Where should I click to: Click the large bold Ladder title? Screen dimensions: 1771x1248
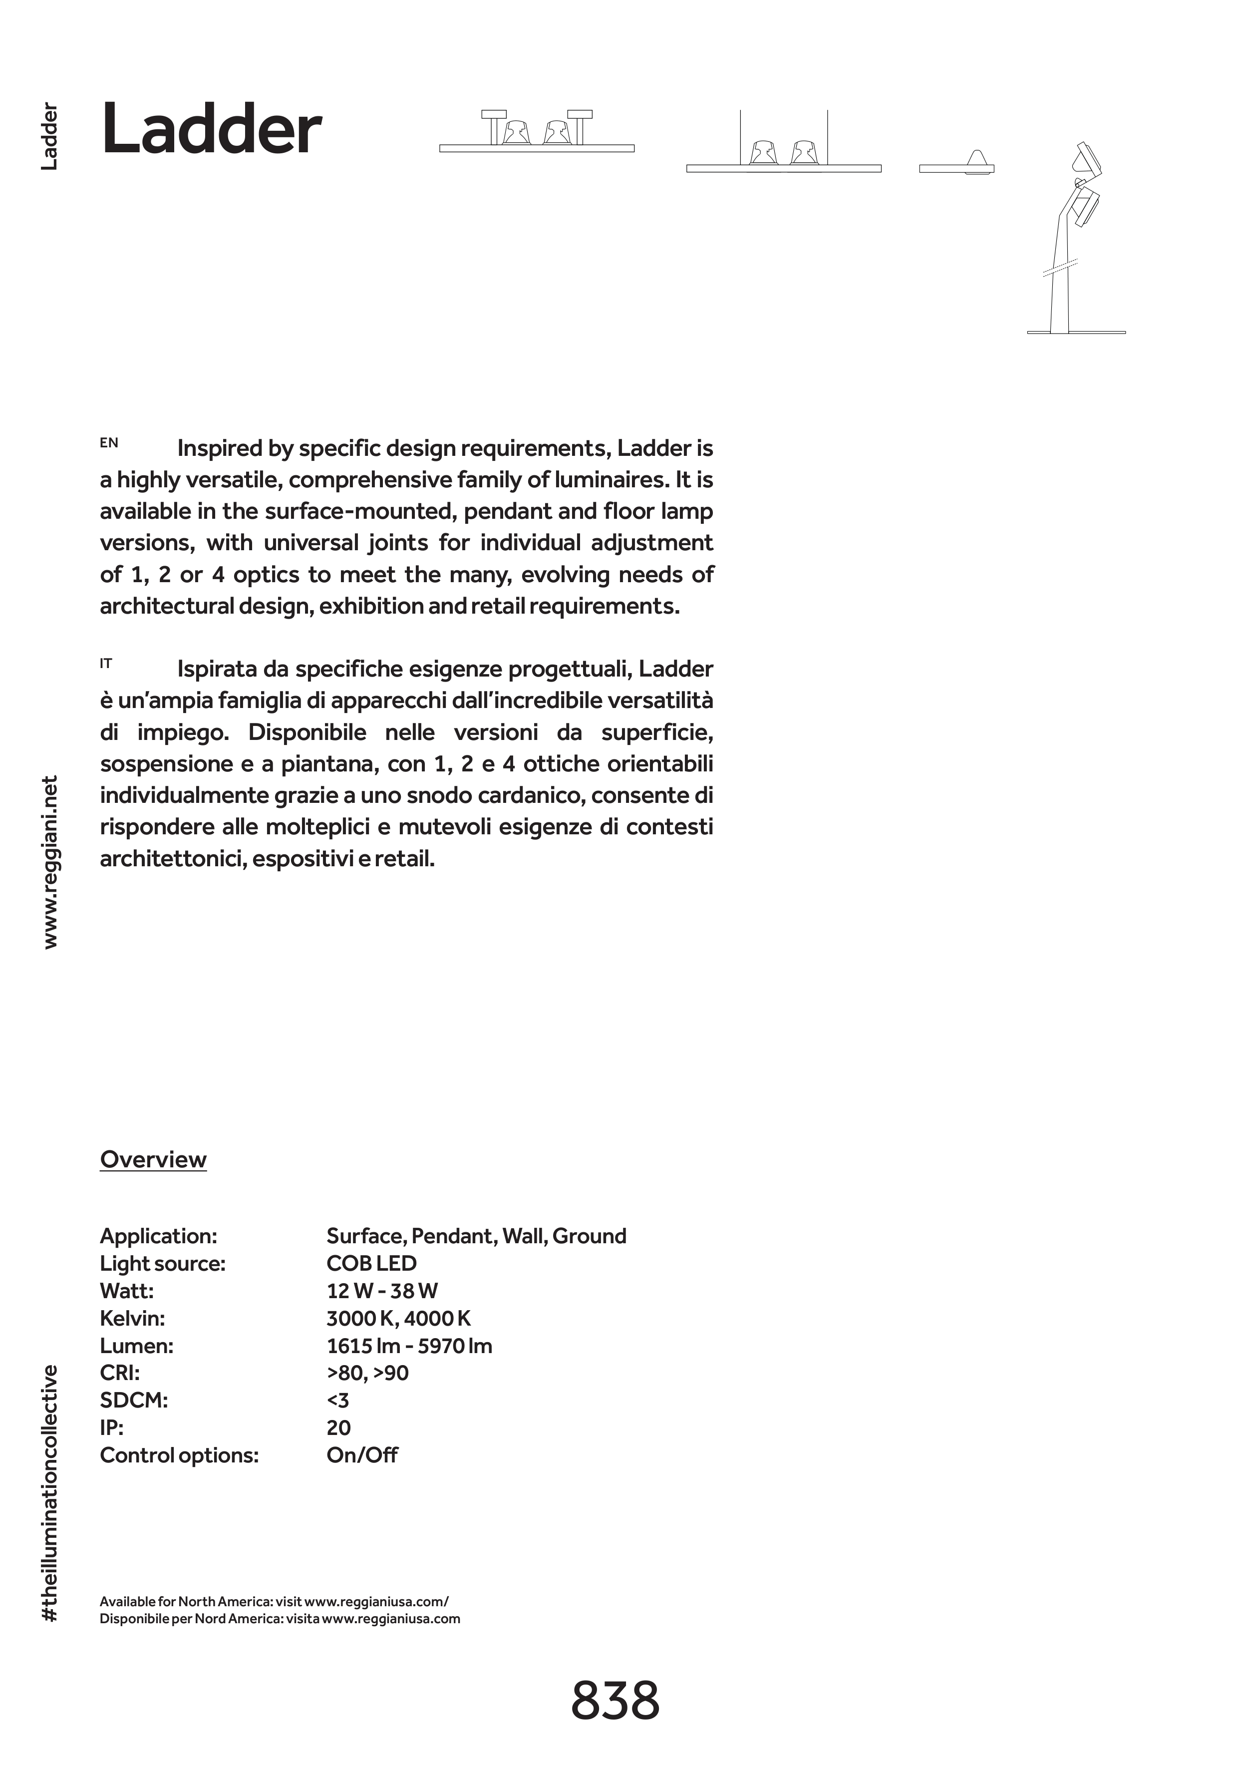coord(211,130)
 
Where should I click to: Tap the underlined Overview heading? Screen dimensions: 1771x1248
coord(153,1159)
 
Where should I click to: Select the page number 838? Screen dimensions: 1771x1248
coord(615,1701)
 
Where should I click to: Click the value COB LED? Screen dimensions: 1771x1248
coord(372,1263)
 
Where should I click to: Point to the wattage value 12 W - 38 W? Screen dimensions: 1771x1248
coord(382,1291)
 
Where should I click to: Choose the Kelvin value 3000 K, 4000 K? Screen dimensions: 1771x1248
coord(398,1318)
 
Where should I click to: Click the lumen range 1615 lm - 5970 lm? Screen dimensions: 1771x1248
coord(409,1346)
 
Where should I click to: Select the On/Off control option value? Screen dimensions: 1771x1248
coord(362,1455)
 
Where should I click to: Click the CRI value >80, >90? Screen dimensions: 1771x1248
coord(367,1373)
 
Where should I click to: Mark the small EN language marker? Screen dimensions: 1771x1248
coord(109,443)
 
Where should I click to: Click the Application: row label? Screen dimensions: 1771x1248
coord(158,1236)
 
